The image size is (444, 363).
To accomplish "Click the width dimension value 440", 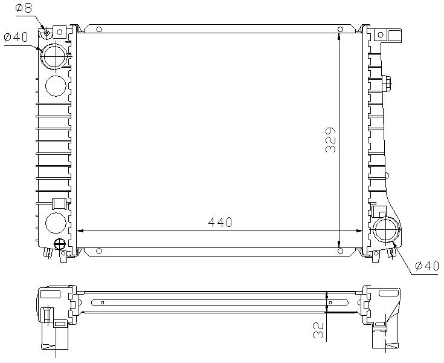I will [220, 223].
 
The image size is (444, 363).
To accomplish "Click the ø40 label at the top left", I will [16, 37].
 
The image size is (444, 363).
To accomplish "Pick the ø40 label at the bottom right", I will [426, 266].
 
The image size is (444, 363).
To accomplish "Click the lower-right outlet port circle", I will [386, 231].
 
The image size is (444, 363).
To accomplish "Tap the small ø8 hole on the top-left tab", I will [47, 32].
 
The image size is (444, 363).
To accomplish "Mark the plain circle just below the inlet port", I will [56, 86].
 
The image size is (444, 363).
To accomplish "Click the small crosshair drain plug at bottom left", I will [59, 244].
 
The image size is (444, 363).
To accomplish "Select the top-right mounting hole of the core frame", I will [340, 29].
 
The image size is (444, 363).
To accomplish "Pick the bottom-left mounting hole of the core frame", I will [100, 250].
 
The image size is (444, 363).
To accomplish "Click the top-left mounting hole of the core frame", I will [100, 29].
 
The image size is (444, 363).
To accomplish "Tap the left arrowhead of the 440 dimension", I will [77, 231].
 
